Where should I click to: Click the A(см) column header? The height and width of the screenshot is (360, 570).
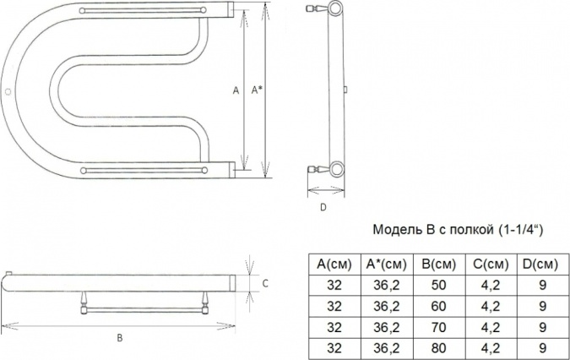point(334,265)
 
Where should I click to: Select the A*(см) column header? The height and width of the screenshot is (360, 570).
point(386,265)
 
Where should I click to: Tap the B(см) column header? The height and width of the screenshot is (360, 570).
point(439,265)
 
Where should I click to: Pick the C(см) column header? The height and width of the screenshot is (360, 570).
point(491,265)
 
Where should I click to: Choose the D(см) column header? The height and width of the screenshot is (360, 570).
point(540,265)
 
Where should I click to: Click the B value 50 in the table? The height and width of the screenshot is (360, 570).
point(439,285)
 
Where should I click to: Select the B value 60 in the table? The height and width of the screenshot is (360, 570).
point(439,306)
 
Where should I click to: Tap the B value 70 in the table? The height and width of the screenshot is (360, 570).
point(439,327)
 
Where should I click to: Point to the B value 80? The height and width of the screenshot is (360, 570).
point(439,348)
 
